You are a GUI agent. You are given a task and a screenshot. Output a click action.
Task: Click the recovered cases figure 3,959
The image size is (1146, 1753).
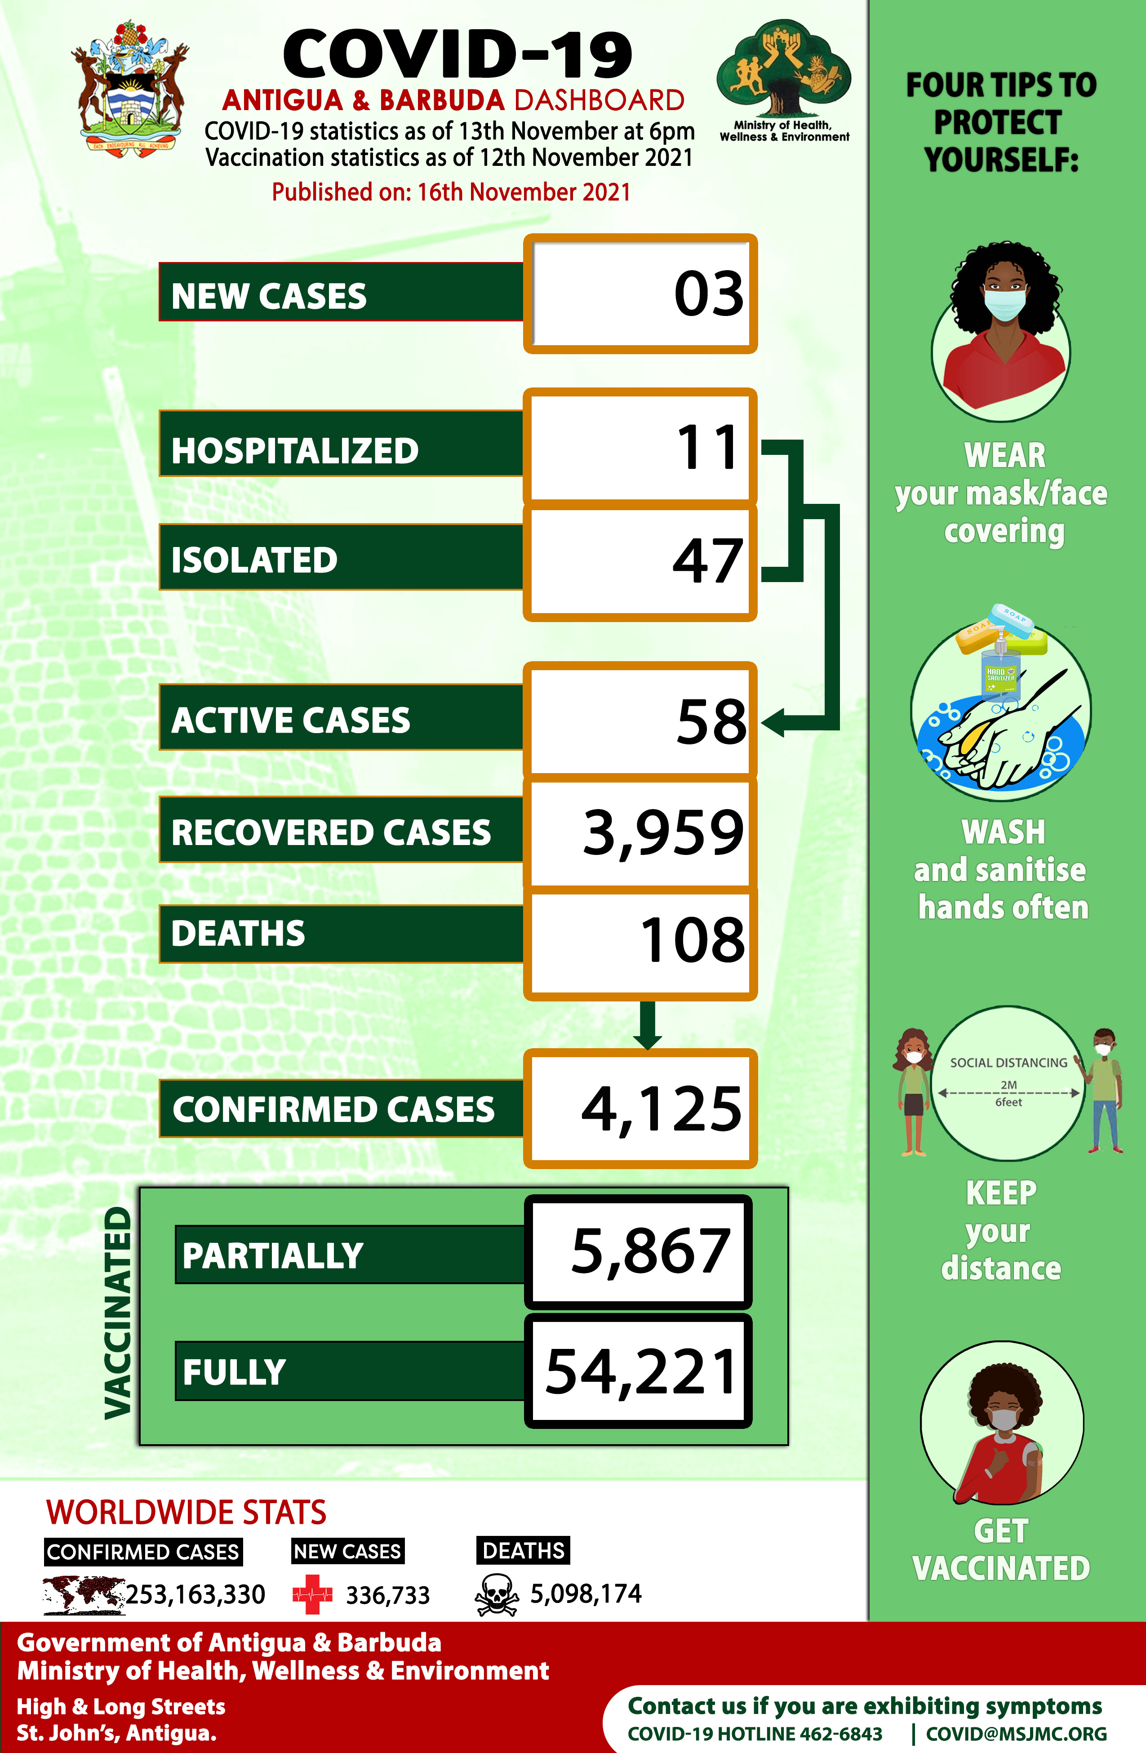pos(663,832)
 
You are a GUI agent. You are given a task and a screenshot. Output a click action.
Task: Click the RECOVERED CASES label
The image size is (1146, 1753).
pos(331,832)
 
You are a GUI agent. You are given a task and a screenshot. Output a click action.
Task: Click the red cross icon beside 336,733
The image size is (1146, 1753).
pos(312,1595)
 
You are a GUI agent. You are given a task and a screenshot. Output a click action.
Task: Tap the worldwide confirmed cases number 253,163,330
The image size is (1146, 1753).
pos(195,1595)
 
